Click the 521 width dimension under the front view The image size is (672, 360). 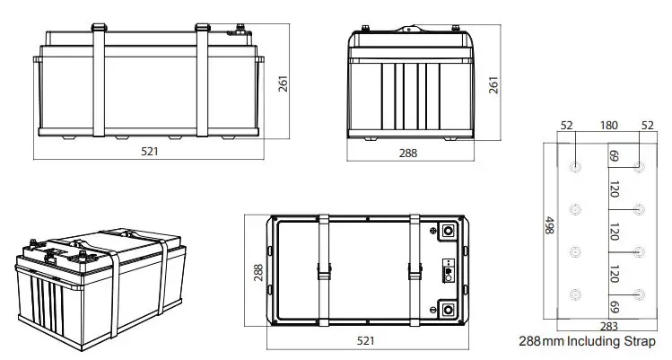pos(149,152)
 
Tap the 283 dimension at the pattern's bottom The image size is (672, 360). pos(608,326)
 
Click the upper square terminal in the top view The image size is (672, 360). pos(448,231)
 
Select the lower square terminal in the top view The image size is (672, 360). pos(448,312)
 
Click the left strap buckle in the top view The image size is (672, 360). pos(323,269)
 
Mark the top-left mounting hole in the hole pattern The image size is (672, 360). pos(575,167)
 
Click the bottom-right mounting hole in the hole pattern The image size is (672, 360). pos(638,294)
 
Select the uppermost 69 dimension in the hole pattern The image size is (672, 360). pos(615,156)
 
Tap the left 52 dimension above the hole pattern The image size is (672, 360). pos(565,125)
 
